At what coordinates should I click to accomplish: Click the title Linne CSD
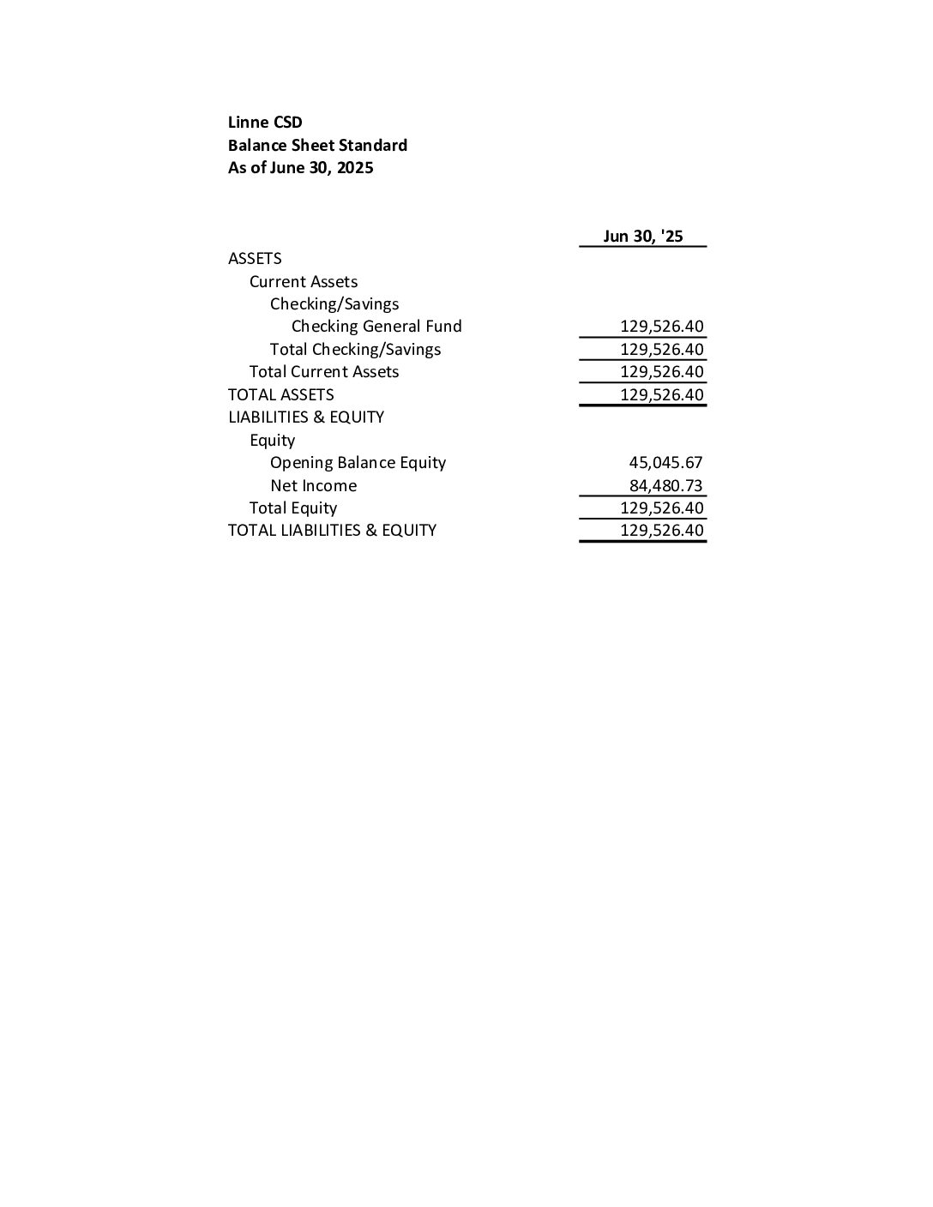(265, 123)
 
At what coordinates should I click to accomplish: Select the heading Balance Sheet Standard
(317, 146)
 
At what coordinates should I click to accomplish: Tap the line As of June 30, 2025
(300, 168)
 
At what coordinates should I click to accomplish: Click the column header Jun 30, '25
(643, 237)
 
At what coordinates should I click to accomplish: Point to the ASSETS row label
(255, 259)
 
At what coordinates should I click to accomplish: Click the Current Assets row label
(304, 282)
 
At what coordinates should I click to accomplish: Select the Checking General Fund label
(376, 327)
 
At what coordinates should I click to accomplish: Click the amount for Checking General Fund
(661, 327)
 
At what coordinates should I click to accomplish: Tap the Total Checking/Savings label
(355, 350)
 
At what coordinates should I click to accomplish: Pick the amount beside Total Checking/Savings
(661, 350)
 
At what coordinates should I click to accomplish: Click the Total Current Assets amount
(661, 372)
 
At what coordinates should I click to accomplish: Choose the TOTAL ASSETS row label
(281, 395)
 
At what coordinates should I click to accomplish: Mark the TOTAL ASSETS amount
(661, 395)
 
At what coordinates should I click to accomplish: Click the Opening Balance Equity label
(358, 463)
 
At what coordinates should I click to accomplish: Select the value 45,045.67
(665, 463)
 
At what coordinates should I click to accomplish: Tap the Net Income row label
(313, 486)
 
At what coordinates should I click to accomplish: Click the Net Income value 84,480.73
(665, 486)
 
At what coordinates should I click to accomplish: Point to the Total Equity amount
(661, 508)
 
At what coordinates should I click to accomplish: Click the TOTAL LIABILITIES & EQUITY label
(332, 531)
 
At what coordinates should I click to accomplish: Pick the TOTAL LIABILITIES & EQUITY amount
(661, 531)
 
